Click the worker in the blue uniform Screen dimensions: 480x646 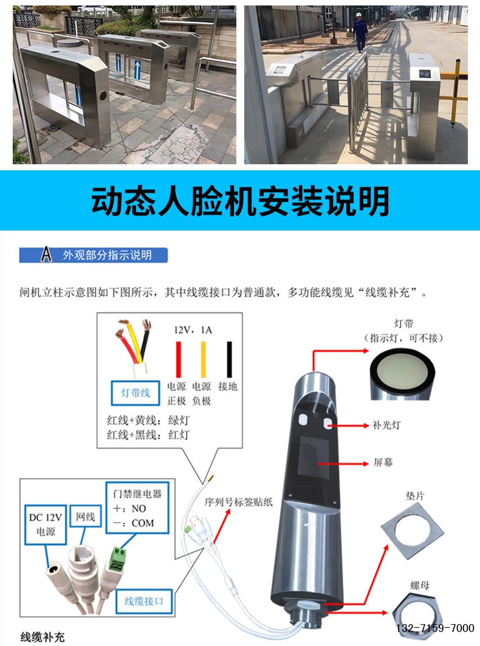coord(360,32)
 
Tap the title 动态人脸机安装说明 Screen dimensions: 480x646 coord(240,201)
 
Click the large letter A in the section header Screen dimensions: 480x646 coord(46,255)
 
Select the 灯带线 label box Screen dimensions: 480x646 coord(135,392)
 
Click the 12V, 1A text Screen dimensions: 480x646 coord(193,330)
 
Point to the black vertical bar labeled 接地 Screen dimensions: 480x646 coord(229,359)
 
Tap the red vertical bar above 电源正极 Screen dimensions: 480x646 coord(179,359)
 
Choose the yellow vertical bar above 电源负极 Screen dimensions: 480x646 coord(204,359)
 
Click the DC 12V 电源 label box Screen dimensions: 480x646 coord(46,524)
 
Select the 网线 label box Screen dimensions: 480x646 coord(85,516)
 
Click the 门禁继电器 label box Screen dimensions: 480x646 coord(137,507)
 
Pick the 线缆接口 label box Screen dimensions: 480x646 coord(143,601)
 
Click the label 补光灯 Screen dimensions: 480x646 coord(386,425)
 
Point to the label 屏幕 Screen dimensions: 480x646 coord(383,462)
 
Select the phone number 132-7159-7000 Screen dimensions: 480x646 coord(435,628)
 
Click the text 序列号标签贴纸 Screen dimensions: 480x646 coord(239,502)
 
